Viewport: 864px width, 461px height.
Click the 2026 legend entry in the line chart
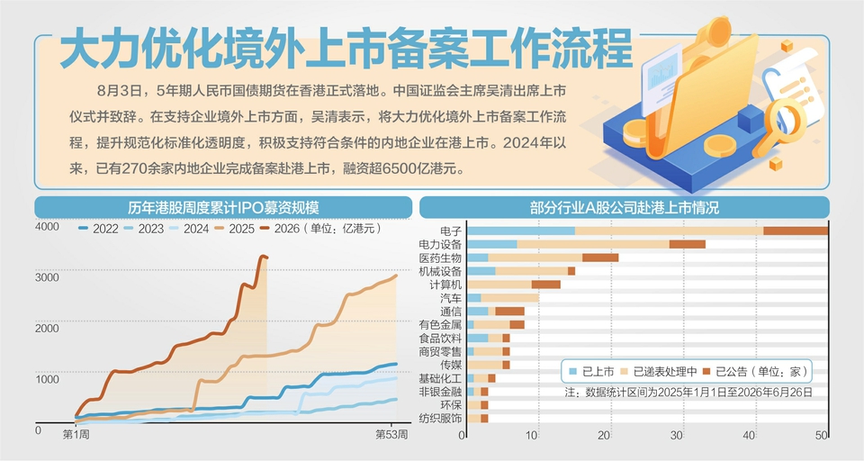click(279, 229)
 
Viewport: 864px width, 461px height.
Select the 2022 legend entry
click(98, 229)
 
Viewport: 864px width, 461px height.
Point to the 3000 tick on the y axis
click(47, 277)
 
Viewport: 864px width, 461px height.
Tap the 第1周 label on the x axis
click(76, 435)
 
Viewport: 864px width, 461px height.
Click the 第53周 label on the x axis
click(391, 435)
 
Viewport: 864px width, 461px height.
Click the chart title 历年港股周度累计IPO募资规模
click(223, 208)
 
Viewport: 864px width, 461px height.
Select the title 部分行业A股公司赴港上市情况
click(625, 208)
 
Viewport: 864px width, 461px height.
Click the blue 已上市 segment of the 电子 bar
click(521, 231)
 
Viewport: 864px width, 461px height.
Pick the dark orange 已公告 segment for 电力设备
click(687, 244)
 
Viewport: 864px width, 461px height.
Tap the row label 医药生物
click(440, 258)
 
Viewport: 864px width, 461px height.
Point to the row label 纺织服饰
click(440, 419)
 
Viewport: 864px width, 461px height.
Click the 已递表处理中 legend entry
click(659, 372)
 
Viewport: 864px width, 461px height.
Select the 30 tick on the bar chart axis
click(676, 435)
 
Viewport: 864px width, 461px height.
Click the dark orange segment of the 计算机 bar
click(546, 285)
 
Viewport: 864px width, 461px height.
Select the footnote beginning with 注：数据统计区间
click(688, 392)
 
